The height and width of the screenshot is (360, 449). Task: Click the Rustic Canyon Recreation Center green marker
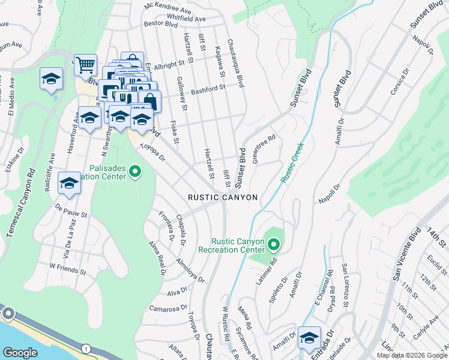pos(274,244)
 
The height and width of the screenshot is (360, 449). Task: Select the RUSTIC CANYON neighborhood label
pos(223,197)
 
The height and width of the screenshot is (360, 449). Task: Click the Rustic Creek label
pos(292,163)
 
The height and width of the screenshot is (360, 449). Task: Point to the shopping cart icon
pos(86,64)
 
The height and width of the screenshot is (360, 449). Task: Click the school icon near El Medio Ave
pos(52,79)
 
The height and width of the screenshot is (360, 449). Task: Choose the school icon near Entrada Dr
pos(309,338)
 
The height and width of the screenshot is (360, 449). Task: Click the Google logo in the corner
pos(20,353)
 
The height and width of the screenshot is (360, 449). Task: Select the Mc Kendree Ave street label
pos(169,8)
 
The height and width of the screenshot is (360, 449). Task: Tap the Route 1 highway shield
pos(86,349)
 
